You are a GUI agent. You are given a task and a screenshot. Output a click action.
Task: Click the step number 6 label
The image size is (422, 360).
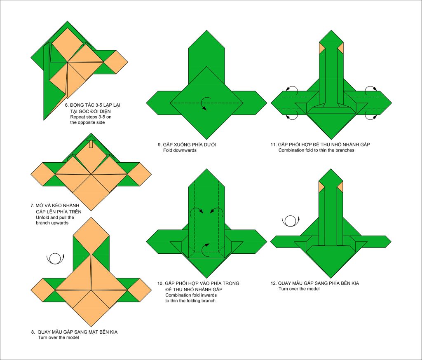[67, 105]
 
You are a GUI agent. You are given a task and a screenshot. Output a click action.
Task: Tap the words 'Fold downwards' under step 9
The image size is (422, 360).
[180, 150]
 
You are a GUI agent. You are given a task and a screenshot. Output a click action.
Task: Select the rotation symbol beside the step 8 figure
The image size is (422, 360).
[56, 259]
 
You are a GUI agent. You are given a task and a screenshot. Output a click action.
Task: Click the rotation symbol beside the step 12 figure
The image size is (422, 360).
[291, 221]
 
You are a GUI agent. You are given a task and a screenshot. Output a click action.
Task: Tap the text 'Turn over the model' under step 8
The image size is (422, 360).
[59, 337]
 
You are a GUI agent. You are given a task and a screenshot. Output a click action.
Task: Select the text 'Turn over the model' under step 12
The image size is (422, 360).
[299, 289]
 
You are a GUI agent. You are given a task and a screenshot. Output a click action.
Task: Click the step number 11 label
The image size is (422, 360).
[274, 145]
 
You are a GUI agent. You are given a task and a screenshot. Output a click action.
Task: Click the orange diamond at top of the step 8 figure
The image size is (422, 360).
[91, 236]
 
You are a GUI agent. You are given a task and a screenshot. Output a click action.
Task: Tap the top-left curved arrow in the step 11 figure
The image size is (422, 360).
[292, 89]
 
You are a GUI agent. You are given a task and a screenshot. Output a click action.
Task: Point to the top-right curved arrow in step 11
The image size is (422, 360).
[371, 89]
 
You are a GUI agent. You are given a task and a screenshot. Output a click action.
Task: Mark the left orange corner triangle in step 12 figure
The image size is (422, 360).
[321, 187]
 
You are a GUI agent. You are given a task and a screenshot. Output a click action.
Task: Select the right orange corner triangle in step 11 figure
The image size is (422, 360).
[340, 48]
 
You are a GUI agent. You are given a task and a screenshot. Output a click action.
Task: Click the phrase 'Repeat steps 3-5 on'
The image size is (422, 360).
[91, 117]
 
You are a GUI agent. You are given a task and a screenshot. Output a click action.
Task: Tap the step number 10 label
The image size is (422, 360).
[160, 283]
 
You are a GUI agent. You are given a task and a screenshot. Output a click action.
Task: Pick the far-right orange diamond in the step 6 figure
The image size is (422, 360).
[116, 62]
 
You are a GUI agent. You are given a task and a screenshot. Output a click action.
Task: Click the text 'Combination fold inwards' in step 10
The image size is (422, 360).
[191, 295]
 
